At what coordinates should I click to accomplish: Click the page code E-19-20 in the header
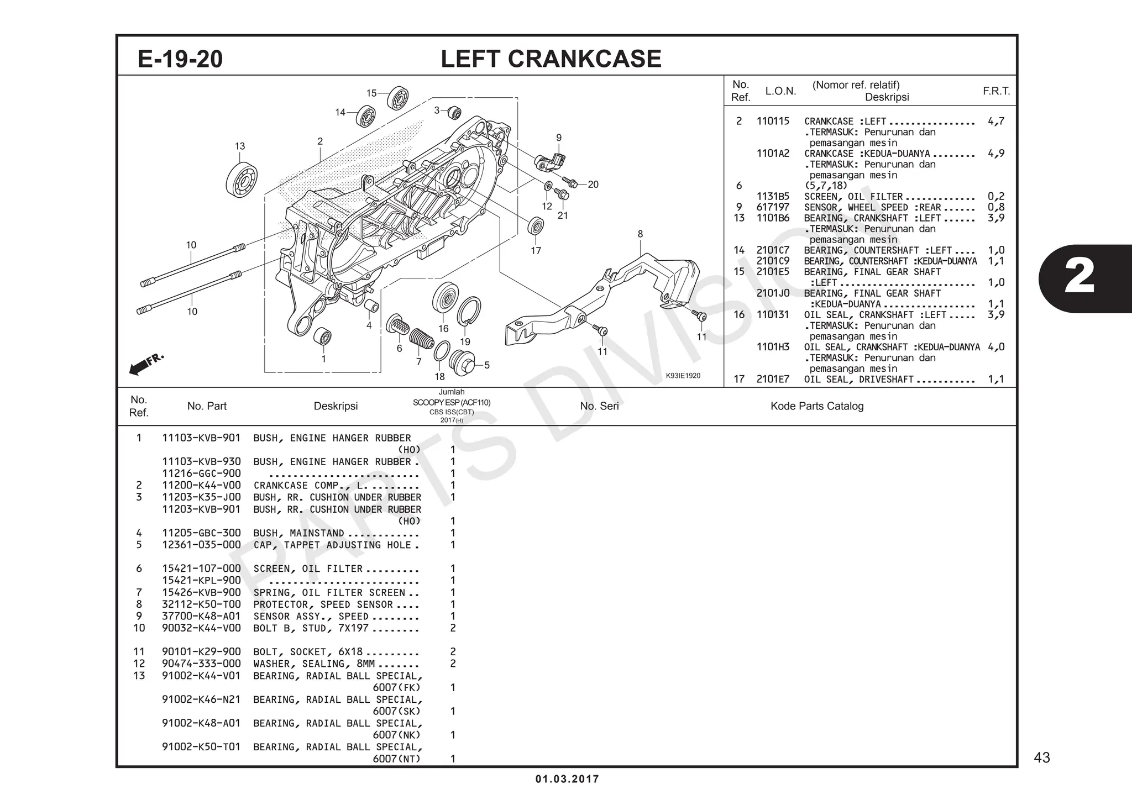pos(180,59)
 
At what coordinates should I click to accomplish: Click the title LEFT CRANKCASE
pos(551,59)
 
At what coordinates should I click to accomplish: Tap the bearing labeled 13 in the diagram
pos(242,179)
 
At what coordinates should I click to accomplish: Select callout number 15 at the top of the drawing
pos(371,93)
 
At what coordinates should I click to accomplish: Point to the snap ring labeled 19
pos(469,312)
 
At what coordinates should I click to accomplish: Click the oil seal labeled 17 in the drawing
pos(536,227)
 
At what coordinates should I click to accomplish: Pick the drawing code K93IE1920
pos(683,376)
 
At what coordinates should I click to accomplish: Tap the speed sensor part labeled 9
pos(551,161)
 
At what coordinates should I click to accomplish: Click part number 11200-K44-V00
pos(201,486)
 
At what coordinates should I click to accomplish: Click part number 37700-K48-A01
pos(201,616)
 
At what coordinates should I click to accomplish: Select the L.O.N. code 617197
pos(773,207)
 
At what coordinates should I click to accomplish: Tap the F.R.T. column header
pos(995,91)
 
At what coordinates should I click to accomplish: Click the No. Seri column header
pos(599,406)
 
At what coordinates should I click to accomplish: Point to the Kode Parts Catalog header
pos(816,406)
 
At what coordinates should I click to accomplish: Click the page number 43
pos(1041,757)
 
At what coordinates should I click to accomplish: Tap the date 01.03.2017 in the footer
pos(567,779)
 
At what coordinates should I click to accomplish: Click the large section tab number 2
pos(1078,278)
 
